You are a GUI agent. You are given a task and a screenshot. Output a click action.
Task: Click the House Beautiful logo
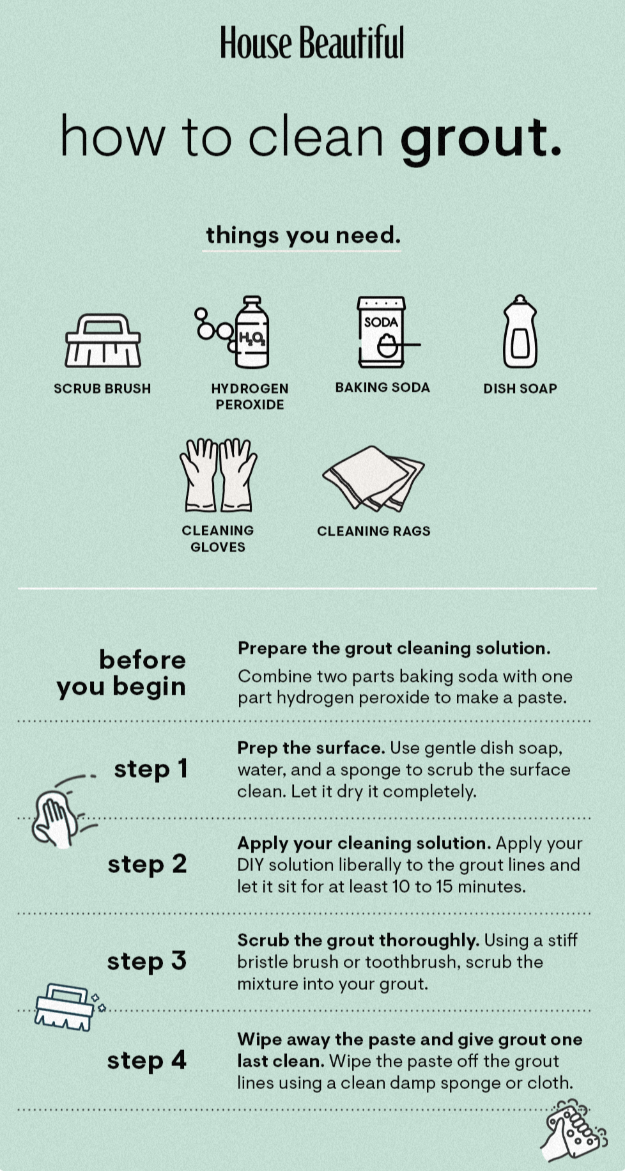312,43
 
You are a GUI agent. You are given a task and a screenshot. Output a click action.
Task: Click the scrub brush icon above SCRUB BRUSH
103,340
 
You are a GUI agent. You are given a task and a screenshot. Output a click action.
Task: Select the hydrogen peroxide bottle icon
233,332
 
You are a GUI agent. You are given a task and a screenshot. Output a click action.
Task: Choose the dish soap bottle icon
520,331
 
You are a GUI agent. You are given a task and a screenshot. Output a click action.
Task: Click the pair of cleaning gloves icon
218,475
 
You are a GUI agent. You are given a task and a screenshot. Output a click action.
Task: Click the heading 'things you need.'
303,235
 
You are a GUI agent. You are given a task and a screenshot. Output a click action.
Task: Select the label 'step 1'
151,769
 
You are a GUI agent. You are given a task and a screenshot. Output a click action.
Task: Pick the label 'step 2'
147,864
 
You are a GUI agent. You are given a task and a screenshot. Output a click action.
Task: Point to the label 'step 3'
146,961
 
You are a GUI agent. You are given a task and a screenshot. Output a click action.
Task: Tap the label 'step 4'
146,1060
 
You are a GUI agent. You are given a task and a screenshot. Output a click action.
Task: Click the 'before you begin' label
121,673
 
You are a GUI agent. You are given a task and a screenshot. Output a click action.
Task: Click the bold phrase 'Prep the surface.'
311,748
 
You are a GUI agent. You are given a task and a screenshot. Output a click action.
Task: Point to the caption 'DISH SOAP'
520,389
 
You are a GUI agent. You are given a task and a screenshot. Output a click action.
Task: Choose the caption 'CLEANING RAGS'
374,531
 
